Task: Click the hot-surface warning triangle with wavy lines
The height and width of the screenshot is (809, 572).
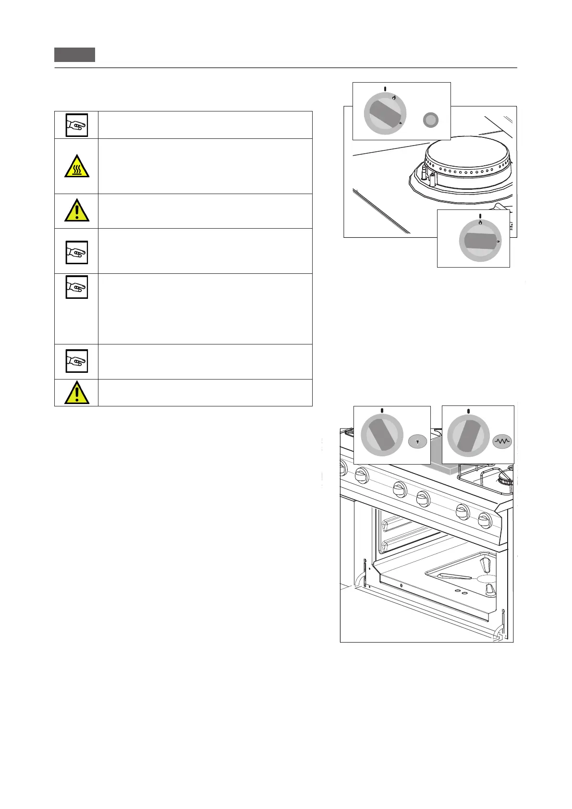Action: pyautogui.click(x=76, y=167)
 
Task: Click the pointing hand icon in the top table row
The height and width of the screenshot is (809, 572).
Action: pyautogui.click(x=76, y=125)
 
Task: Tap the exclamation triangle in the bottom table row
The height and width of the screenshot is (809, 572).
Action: pyautogui.click(x=76, y=393)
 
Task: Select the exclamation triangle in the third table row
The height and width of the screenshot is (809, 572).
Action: pyautogui.click(x=76, y=211)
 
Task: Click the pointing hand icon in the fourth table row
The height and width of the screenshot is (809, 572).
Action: pyautogui.click(x=76, y=252)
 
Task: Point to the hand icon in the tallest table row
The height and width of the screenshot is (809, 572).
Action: pyautogui.click(x=76, y=287)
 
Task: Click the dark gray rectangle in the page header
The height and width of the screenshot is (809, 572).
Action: pyautogui.click(x=74, y=55)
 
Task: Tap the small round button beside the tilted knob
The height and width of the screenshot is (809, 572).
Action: pyautogui.click(x=431, y=120)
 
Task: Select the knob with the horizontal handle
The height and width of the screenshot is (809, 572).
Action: pyautogui.click(x=480, y=241)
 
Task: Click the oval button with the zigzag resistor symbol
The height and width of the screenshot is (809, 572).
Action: pyautogui.click(x=502, y=441)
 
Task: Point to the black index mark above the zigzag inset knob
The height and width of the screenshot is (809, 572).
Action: pyautogui.click(x=468, y=411)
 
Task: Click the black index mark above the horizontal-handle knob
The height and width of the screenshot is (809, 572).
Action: pyautogui.click(x=480, y=216)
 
